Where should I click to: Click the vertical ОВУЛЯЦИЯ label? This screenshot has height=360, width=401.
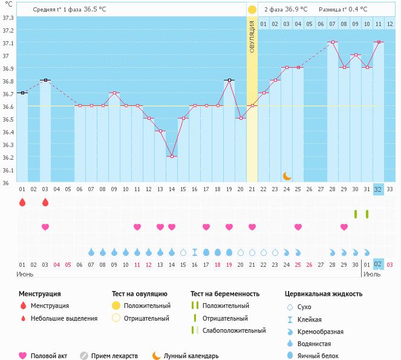(x=252, y=36)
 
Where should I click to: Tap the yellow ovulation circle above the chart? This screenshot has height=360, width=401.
(x=252, y=10)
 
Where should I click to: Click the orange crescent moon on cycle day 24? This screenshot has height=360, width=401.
(x=287, y=176)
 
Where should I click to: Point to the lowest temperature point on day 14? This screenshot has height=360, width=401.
(x=172, y=157)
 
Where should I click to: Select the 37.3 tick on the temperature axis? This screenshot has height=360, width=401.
(x=8, y=17)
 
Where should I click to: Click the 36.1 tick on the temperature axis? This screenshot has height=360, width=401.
(x=8, y=170)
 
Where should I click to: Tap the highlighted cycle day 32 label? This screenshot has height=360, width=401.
(x=378, y=189)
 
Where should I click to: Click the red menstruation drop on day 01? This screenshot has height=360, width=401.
(x=22, y=202)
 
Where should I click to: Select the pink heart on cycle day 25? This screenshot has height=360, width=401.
(x=298, y=227)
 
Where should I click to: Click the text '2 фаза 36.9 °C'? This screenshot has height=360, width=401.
(x=285, y=10)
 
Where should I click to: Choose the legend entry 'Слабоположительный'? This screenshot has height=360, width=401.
(x=232, y=330)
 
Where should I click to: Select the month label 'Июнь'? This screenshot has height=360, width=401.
(x=24, y=273)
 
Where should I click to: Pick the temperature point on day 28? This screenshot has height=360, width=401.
(x=332, y=42)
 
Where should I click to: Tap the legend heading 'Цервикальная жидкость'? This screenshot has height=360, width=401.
(x=323, y=293)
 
